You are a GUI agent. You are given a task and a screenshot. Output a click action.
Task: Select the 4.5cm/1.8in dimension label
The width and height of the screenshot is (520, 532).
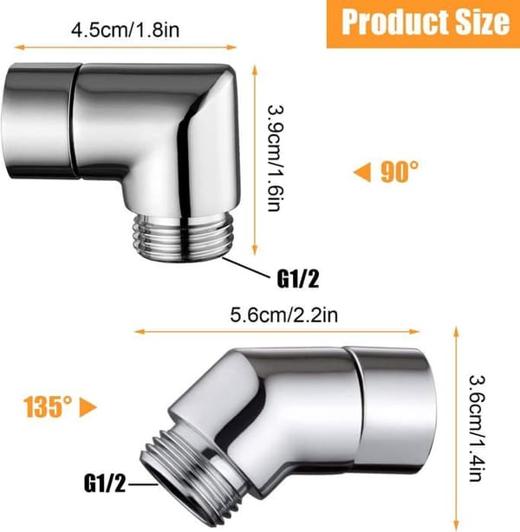tap(126, 29)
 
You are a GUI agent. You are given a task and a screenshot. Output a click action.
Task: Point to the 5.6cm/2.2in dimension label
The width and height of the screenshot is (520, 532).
tap(284, 315)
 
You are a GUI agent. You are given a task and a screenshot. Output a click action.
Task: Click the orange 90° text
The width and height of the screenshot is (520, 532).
tap(400, 172)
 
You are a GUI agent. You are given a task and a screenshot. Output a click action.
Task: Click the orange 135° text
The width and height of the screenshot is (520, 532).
tap(48, 407)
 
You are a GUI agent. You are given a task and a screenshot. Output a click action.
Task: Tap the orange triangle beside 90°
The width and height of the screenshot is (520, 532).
tap(361, 172)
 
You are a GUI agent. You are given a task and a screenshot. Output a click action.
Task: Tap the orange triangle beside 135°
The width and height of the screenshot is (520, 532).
tap(88, 407)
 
